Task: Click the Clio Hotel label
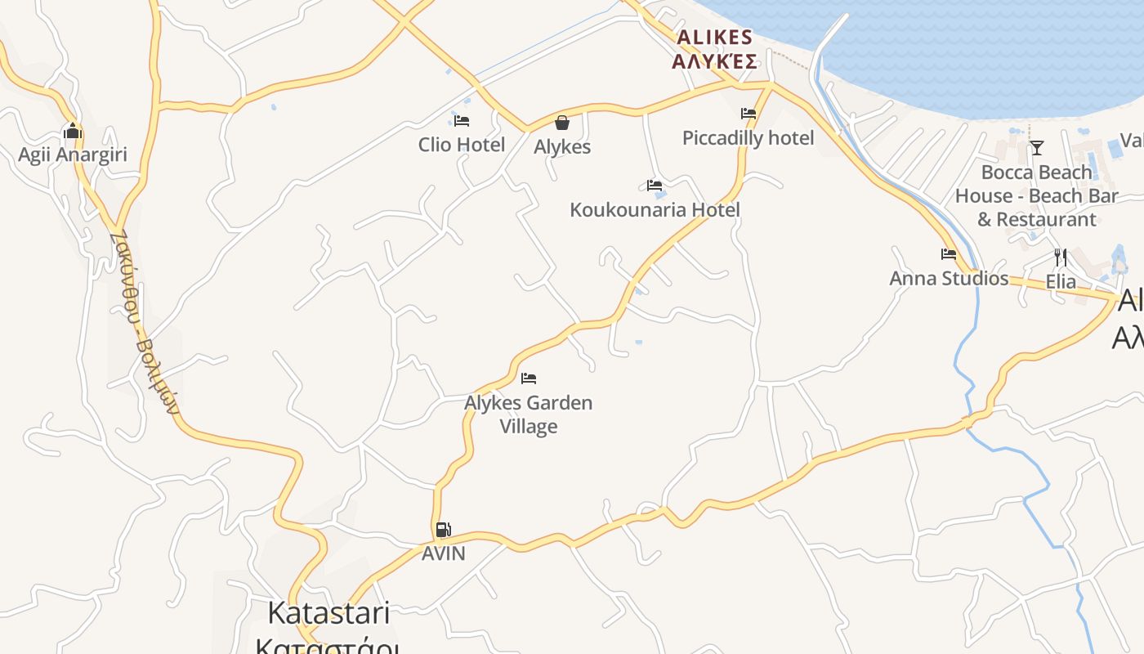pyautogui.click(x=462, y=145)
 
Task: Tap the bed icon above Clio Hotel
pyautogui.click(x=462, y=121)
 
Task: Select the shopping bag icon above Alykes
pyautogui.click(x=562, y=123)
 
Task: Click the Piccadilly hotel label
pyautogui.click(x=748, y=138)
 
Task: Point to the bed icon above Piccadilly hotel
pyautogui.click(x=749, y=114)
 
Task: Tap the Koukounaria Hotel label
pyautogui.click(x=655, y=210)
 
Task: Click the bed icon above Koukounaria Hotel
pyautogui.click(x=655, y=186)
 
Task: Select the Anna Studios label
pyautogui.click(x=949, y=279)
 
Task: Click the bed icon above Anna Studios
pyautogui.click(x=949, y=254)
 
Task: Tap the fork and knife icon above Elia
pyautogui.click(x=1061, y=258)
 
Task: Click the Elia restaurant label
pyautogui.click(x=1061, y=282)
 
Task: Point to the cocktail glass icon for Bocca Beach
pyautogui.click(x=1037, y=148)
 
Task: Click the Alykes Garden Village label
pyautogui.click(x=529, y=414)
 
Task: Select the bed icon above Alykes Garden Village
pyautogui.click(x=529, y=379)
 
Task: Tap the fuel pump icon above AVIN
pyautogui.click(x=443, y=530)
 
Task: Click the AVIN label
pyautogui.click(x=443, y=553)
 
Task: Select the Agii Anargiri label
pyautogui.click(x=73, y=155)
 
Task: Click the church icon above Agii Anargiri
pyautogui.click(x=73, y=131)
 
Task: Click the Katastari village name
pyautogui.click(x=328, y=613)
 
